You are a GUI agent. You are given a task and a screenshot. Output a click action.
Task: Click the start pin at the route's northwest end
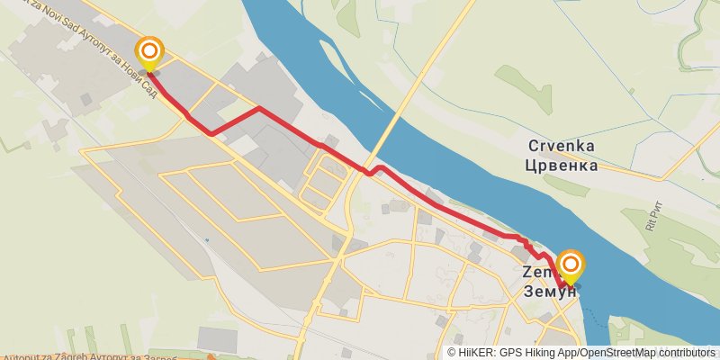[148, 51]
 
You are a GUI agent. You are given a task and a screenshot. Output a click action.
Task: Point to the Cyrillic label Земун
[546, 290]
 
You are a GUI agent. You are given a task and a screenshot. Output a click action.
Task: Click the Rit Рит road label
[654, 220]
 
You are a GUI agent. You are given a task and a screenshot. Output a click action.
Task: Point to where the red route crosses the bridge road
[367, 171]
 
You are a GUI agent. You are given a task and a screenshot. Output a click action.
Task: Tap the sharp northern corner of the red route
[260, 108]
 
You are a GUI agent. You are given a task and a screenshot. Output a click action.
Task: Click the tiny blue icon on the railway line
[206, 240]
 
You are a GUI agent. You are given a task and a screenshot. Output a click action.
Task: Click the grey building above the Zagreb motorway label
[217, 340]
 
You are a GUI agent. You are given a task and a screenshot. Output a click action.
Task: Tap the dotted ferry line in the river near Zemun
[589, 301]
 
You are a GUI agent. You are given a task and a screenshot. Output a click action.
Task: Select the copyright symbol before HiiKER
[452, 353]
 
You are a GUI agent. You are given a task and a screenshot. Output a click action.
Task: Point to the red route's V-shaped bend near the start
[211, 133]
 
